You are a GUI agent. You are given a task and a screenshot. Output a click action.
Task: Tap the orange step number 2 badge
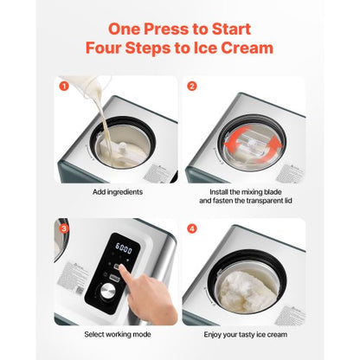click(193, 86)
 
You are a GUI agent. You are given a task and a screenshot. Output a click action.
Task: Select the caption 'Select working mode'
click(116, 332)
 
